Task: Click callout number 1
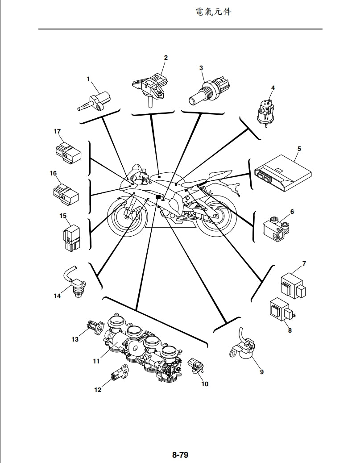pos(88,79)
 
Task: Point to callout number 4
pos(273,88)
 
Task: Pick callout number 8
pos(290,331)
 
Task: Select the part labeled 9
pos(243,349)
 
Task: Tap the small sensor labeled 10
pos(196,366)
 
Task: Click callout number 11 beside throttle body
pos(96,361)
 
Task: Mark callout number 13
pos(75,339)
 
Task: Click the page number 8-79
pos(180,455)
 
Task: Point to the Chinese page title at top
pos(213,12)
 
